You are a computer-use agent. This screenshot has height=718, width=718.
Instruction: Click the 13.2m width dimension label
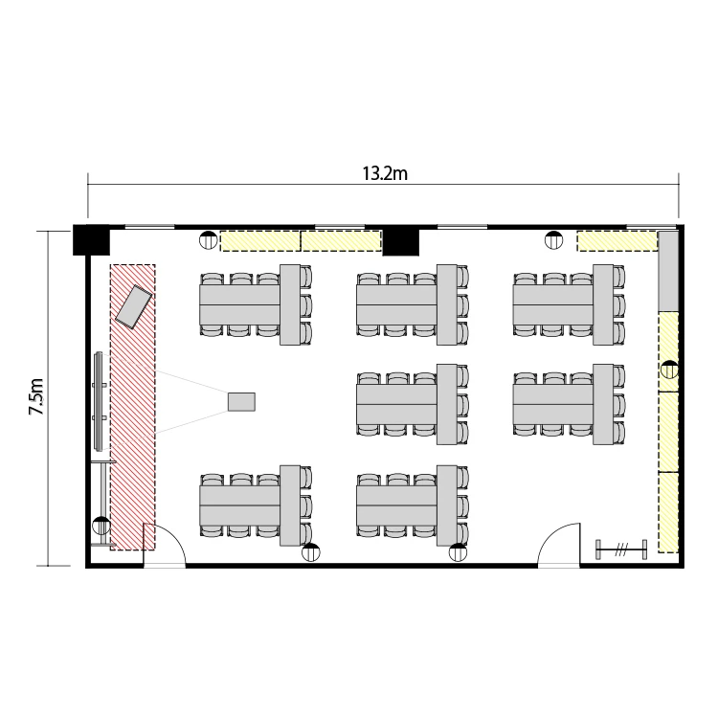(385, 174)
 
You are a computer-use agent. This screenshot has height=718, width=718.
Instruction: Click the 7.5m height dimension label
(36, 396)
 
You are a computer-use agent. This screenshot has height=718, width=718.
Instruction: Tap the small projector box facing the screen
(242, 401)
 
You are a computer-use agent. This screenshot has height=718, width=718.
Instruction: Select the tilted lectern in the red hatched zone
(133, 306)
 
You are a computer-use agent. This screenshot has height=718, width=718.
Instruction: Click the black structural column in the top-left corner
(91, 239)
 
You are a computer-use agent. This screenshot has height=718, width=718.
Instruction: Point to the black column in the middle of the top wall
(401, 243)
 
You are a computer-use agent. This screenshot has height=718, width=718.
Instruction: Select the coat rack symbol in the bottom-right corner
(621, 550)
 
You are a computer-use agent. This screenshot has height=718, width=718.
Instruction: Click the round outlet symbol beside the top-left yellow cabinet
(209, 240)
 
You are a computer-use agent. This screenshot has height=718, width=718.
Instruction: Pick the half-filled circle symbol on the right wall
(669, 370)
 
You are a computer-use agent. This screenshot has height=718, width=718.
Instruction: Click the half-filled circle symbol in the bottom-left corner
(101, 526)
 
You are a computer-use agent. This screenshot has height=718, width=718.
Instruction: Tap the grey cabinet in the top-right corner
(668, 271)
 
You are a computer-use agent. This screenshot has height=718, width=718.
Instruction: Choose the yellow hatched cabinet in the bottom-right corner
(668, 512)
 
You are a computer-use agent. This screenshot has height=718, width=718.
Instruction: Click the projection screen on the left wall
(99, 401)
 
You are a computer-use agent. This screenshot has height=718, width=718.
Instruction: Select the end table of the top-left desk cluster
(290, 304)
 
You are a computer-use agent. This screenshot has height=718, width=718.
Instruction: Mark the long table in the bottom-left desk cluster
(240, 505)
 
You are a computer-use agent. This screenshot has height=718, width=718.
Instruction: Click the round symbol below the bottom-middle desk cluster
(458, 552)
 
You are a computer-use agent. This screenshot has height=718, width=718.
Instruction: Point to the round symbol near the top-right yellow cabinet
(553, 240)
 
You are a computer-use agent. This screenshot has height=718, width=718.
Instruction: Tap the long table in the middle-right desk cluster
(553, 404)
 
